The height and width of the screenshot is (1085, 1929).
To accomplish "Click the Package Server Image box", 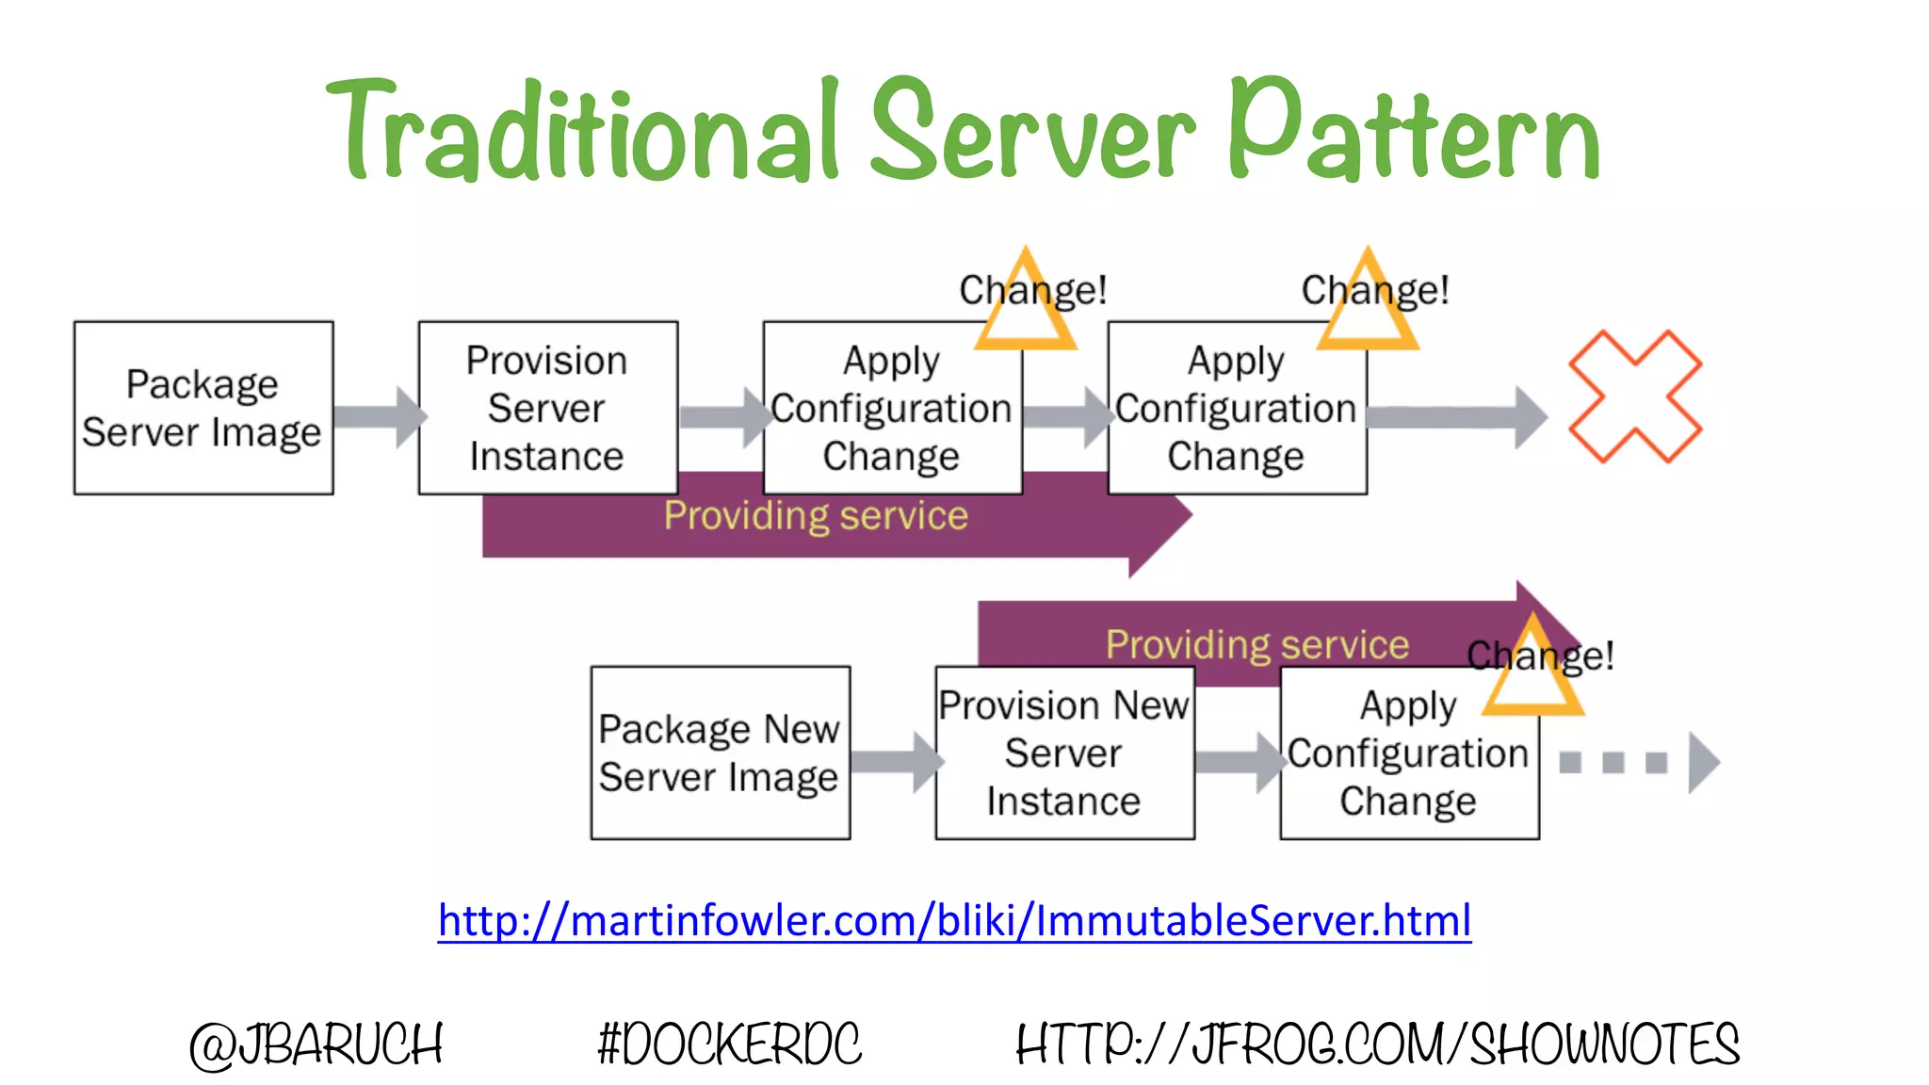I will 203,408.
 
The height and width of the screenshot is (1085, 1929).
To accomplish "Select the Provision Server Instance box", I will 547,408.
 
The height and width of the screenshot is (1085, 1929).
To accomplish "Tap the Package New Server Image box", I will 720,753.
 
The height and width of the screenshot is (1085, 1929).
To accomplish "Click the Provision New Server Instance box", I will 1064,753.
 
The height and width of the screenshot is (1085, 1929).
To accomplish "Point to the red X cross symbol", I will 1634,397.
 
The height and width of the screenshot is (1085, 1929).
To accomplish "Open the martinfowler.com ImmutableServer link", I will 954,920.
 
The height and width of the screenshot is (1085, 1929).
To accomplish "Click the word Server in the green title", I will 1032,132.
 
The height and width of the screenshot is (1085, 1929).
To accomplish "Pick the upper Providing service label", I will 816,516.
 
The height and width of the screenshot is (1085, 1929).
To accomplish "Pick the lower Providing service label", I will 1257,645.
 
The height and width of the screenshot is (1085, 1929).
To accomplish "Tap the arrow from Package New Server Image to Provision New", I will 895,761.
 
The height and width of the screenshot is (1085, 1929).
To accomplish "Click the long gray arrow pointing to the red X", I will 1455,416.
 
